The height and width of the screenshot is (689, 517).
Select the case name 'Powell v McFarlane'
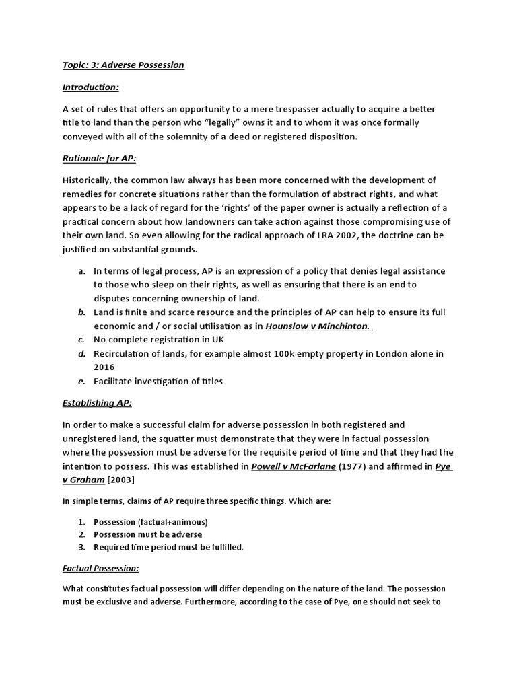[294, 466]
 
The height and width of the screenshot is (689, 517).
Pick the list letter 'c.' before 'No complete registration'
[81, 340]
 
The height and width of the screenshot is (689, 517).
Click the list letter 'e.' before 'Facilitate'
[81, 382]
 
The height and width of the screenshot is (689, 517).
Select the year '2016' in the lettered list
[104, 367]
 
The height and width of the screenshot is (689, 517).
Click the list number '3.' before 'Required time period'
[81, 547]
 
